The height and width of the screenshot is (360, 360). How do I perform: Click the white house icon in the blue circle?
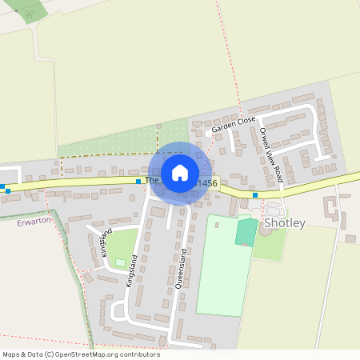(x=180, y=172)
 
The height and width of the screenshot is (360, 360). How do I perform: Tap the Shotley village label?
(x=285, y=223)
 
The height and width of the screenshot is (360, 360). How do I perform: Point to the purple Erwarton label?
(x=32, y=222)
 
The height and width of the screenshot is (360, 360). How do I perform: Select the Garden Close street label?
(x=233, y=125)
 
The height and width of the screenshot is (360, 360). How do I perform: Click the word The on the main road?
(x=152, y=181)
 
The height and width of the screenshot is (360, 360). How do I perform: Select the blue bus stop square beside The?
(x=138, y=182)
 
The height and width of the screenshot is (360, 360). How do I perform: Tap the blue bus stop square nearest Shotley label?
(x=255, y=194)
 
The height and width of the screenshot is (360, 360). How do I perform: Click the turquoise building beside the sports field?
(x=246, y=232)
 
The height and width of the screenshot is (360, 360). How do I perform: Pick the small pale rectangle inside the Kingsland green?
(x=121, y=262)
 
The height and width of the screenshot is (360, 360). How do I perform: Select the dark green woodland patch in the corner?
(x=28, y=10)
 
